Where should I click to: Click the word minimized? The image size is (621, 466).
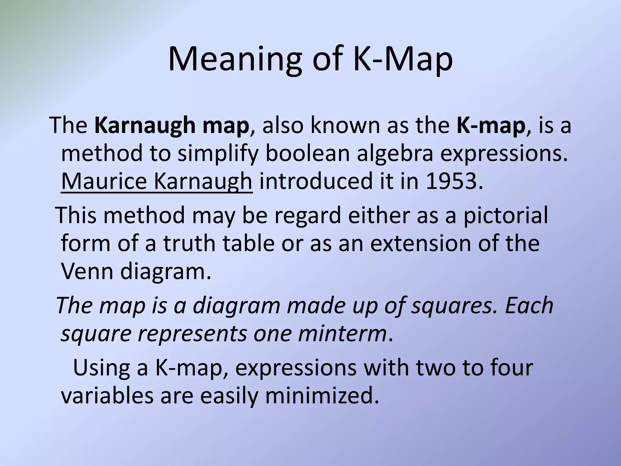[x=322, y=396]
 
